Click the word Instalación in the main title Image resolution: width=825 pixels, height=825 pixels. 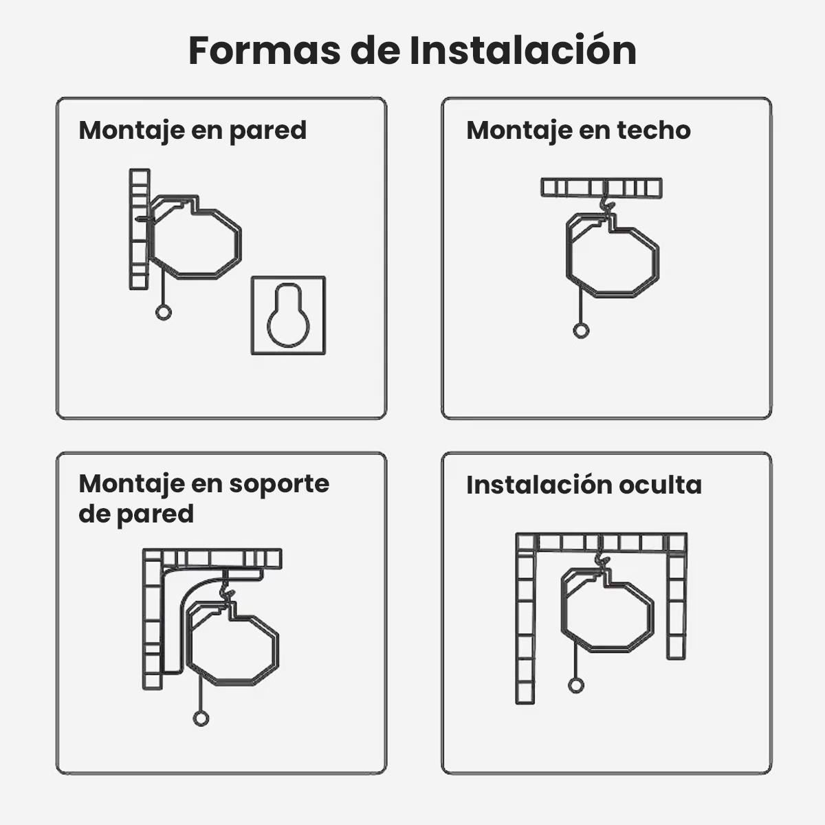pyautogui.click(x=522, y=50)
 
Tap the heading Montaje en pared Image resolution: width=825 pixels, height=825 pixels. pyautogui.click(x=192, y=131)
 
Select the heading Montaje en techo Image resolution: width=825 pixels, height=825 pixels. pyautogui.click(x=578, y=131)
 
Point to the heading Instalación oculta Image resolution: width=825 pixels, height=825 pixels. pyautogui.click(x=584, y=485)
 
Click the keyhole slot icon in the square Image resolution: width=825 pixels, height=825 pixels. pyautogui.click(x=288, y=315)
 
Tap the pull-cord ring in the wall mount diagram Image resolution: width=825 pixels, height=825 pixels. pyautogui.click(x=163, y=312)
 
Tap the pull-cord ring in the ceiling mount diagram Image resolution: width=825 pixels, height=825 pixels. pyautogui.click(x=581, y=331)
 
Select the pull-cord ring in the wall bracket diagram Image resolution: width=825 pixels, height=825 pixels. pyautogui.click(x=201, y=718)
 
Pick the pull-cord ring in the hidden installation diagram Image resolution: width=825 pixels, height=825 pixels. pyautogui.click(x=576, y=686)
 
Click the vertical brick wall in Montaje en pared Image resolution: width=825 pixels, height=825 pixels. pyautogui.click(x=140, y=230)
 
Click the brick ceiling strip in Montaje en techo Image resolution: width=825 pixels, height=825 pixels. pyautogui.click(x=602, y=188)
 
